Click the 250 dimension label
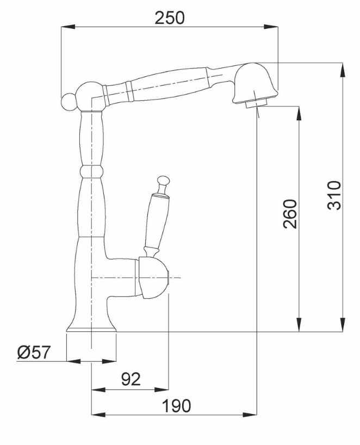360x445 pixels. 169,18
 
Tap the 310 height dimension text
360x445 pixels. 334,195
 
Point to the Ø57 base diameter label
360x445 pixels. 34,352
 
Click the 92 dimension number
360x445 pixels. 131,379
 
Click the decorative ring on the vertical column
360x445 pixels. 91,171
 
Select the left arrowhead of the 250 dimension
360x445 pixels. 68,27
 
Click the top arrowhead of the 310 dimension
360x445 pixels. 343,70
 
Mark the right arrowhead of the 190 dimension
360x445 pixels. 250,415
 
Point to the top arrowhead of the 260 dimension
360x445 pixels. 299,113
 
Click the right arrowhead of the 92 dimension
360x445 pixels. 162,390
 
